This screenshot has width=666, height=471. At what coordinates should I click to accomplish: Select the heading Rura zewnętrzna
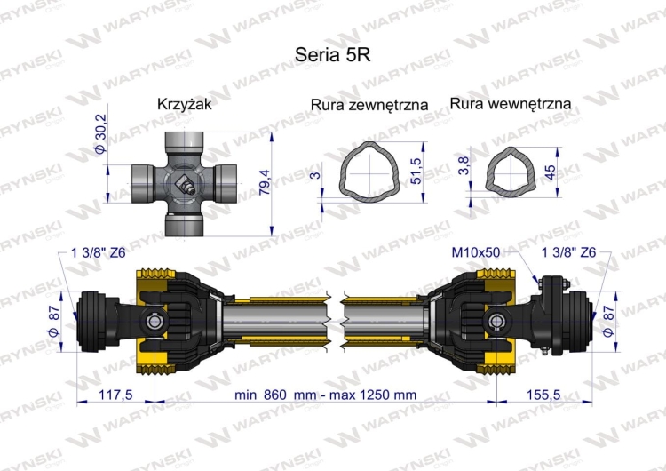(x=369, y=105)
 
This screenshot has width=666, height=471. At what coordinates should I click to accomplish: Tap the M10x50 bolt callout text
(x=475, y=253)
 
